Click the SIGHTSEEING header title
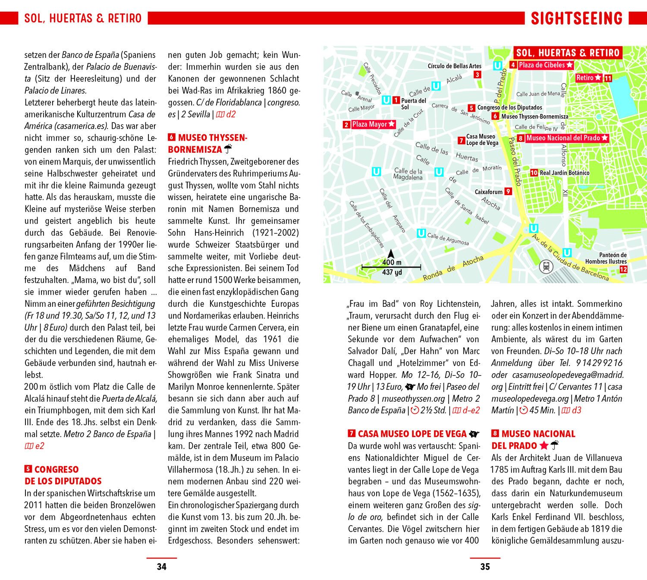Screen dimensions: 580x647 click(577, 18)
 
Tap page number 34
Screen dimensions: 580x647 click(162, 567)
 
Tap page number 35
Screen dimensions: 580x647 click(485, 567)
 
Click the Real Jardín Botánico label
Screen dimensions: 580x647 click(564, 173)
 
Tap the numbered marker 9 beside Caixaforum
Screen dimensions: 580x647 click(508, 192)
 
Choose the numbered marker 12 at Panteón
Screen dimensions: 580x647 click(623, 269)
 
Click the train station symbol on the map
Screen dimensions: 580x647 click(546, 266)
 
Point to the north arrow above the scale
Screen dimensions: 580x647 click(391, 254)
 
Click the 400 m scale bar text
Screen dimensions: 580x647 click(392, 262)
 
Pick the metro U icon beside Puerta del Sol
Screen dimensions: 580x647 click(386, 100)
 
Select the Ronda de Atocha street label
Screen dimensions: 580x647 click(453, 268)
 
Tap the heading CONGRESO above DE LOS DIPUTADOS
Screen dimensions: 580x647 click(57, 470)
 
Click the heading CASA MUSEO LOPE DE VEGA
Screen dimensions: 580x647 click(412, 434)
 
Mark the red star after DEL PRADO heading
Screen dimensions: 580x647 click(544, 446)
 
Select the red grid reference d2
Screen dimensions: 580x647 click(231, 114)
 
